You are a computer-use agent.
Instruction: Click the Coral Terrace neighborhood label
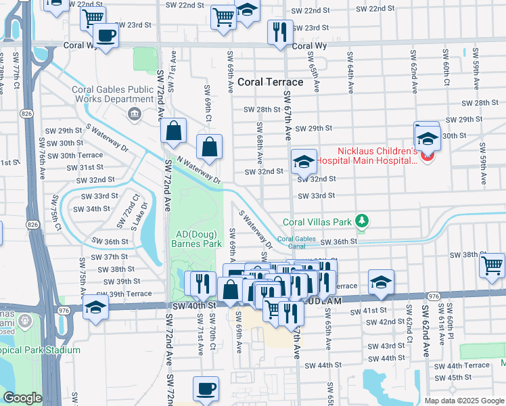269,82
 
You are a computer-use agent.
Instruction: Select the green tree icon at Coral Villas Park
363,221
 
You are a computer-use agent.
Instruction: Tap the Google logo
22,398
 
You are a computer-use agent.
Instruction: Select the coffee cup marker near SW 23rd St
106,36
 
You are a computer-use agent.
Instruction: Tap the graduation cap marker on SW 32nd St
303,162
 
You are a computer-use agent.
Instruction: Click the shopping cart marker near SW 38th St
492,265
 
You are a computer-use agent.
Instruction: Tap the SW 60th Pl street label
451,317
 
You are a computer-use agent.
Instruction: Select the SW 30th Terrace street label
80,155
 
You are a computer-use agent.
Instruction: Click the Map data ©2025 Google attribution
463,400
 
